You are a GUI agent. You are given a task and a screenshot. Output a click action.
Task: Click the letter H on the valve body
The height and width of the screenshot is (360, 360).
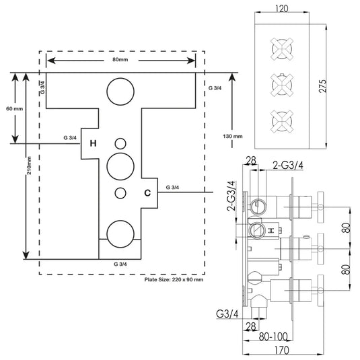click(93, 143)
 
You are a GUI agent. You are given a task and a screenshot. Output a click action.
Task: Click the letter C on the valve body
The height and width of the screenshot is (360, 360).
click(147, 193)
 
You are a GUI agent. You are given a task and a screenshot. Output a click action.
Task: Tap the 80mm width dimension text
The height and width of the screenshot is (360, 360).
click(120, 59)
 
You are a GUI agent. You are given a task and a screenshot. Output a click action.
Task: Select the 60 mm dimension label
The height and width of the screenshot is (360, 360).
click(14, 108)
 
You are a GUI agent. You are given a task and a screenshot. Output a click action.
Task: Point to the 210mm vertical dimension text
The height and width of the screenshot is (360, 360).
click(29, 166)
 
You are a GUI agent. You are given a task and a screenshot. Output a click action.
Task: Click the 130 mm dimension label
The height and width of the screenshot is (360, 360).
click(233, 136)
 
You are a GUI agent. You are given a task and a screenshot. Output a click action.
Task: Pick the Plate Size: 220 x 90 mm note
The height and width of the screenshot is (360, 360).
click(174, 279)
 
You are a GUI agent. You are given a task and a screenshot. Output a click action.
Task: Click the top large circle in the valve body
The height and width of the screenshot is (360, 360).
click(120, 78)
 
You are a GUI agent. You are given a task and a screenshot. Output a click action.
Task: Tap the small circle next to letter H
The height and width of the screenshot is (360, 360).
click(120, 139)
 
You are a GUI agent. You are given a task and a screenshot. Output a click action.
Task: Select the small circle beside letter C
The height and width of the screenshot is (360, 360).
click(120, 187)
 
